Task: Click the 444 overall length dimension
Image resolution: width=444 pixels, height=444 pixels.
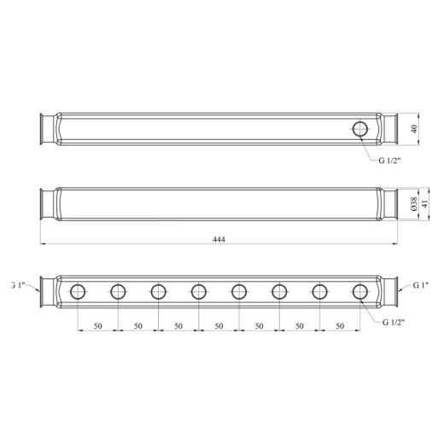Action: click(x=219, y=239)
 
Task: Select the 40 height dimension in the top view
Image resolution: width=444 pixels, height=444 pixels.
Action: click(x=414, y=129)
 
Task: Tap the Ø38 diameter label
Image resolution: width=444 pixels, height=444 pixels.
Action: click(x=414, y=204)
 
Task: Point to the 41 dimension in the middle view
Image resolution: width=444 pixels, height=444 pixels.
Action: click(x=424, y=204)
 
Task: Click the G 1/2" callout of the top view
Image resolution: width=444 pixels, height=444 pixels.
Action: click(x=389, y=161)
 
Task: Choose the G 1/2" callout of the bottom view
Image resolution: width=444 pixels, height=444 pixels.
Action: click(x=394, y=322)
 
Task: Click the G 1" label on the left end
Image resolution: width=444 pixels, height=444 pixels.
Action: click(x=18, y=285)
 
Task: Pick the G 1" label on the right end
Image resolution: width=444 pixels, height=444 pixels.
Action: click(x=421, y=285)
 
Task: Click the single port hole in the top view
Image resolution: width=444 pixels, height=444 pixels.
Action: click(x=360, y=129)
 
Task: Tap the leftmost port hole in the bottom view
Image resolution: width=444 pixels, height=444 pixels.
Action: click(x=78, y=292)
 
